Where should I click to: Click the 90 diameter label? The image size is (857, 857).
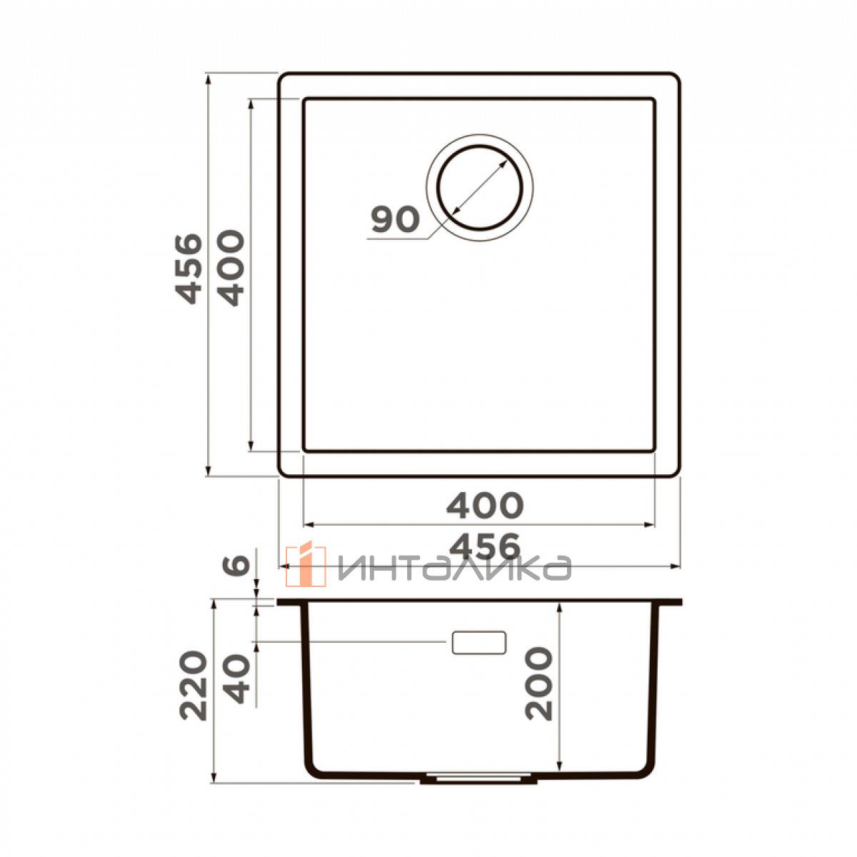click(x=396, y=219)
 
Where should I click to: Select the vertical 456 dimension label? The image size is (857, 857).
click(x=189, y=269)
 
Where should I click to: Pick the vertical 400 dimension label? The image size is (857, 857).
click(x=231, y=269)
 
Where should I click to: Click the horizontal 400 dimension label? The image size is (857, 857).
click(x=485, y=506)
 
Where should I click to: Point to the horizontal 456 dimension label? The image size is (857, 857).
click(x=484, y=547)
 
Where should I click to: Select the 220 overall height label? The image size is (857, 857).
click(x=194, y=685)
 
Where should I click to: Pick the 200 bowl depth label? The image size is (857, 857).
click(x=538, y=683)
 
